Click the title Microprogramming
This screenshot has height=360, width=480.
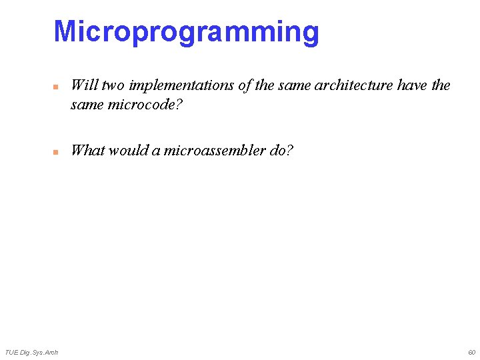(x=186, y=32)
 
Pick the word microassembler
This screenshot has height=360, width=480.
(x=214, y=150)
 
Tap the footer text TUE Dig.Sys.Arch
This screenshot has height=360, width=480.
(x=31, y=352)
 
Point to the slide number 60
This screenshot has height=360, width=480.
(x=471, y=352)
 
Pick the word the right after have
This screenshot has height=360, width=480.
(x=441, y=85)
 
